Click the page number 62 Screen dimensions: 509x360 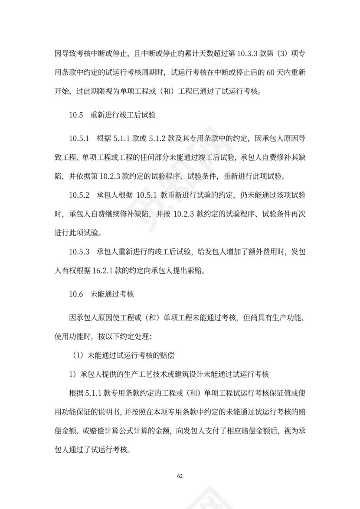click(x=180, y=476)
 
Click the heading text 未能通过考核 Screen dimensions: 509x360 click(x=113, y=294)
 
